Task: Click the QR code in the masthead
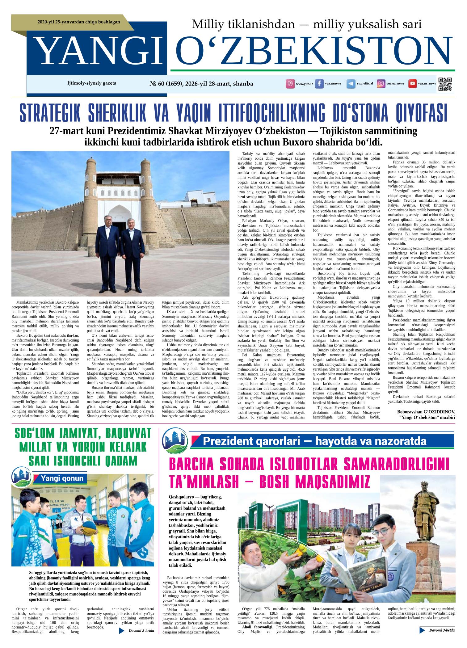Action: [x=445, y=84]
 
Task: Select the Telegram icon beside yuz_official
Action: [x=351, y=84]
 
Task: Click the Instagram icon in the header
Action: [x=381, y=84]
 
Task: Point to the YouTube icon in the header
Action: [x=412, y=84]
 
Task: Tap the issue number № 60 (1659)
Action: [x=166, y=84]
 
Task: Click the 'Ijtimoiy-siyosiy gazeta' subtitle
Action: [x=92, y=83]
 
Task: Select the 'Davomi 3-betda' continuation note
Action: [x=442, y=630]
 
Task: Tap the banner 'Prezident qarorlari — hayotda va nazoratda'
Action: [x=314, y=441]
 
